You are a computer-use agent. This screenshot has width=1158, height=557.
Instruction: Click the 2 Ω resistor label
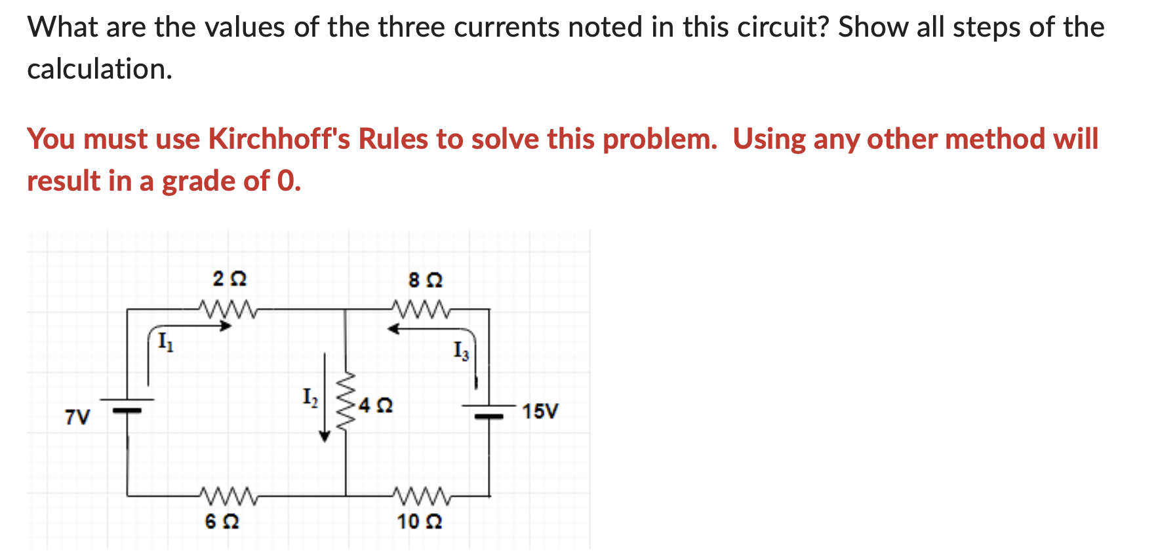tap(230, 279)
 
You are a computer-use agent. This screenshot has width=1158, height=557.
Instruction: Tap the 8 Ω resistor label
tap(426, 280)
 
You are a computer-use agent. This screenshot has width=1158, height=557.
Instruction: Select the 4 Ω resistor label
tap(376, 406)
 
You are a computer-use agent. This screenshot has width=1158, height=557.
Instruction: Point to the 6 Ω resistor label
tap(222, 522)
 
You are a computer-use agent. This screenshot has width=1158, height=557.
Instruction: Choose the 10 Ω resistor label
tap(419, 522)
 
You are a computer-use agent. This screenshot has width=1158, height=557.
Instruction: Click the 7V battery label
tap(77, 417)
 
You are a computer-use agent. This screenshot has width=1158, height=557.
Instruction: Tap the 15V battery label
tap(540, 412)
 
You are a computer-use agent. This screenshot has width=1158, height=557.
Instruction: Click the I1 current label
tap(165, 342)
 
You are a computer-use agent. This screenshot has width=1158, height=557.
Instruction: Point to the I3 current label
tap(462, 351)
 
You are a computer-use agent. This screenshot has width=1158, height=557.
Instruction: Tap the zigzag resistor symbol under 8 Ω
tap(421, 308)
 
